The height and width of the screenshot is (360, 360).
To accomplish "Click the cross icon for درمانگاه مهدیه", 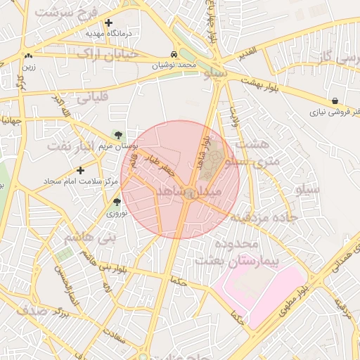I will [x=108, y=22].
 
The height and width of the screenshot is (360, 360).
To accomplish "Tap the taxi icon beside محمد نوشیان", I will [x=174, y=54].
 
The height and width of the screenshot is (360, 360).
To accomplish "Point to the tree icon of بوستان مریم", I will [x=118, y=134].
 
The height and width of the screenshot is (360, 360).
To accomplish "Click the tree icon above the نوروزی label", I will [x=117, y=202].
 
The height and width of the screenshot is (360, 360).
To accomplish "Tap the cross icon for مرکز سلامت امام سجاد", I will [x=81, y=170].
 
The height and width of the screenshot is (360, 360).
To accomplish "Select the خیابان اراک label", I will [x=102, y=53].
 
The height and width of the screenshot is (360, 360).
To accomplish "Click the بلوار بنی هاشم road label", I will [x=105, y=268].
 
